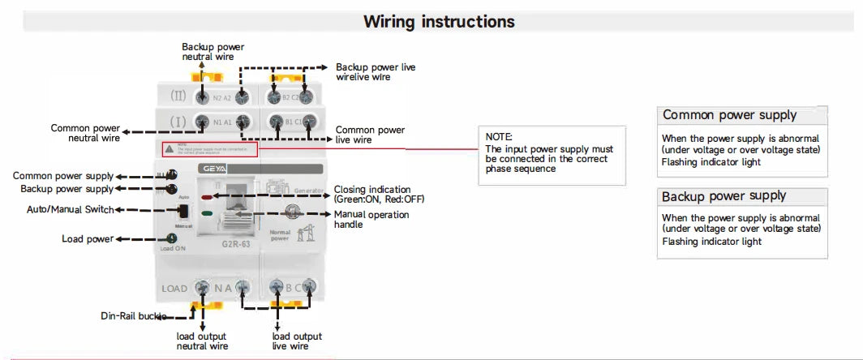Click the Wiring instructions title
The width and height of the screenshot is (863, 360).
tap(439, 21)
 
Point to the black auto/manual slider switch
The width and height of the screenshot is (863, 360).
tap(183, 211)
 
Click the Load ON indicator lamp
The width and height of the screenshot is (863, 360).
tap(172, 238)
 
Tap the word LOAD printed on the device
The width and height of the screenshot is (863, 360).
tap(174, 288)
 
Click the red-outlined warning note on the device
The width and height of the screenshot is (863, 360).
tap(209, 149)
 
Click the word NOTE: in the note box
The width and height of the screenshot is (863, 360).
tap(500, 137)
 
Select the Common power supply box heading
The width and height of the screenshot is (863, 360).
tap(729, 115)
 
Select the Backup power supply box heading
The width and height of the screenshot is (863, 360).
tap(723, 196)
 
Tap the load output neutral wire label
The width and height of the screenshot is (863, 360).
tap(202, 341)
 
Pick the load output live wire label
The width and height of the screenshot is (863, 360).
tap(296, 341)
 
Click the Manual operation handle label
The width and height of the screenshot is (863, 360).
tap(371, 219)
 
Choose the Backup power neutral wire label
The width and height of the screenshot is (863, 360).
tap(213, 52)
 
